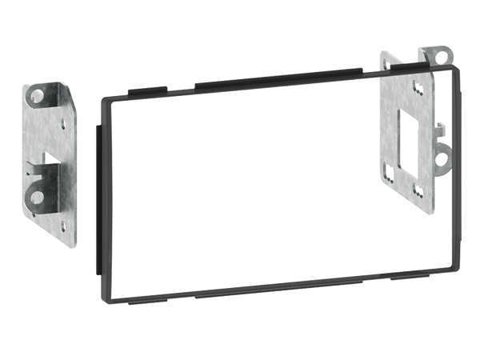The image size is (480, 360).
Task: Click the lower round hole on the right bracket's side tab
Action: [x=441, y=158]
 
